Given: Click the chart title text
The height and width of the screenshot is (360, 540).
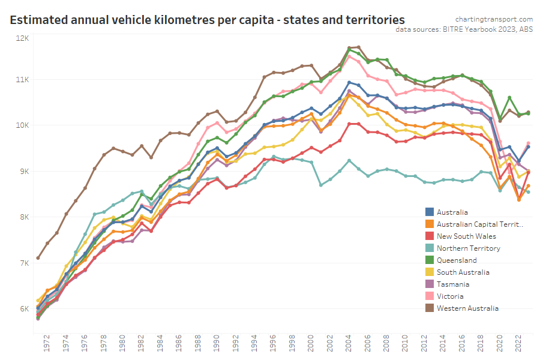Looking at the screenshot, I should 208,20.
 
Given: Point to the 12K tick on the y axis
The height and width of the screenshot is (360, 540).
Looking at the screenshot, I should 22,38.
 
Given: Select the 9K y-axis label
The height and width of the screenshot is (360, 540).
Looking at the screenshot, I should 23,172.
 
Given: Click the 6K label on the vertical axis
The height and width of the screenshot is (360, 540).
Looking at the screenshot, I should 23,309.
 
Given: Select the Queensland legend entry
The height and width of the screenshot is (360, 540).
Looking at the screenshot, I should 457,260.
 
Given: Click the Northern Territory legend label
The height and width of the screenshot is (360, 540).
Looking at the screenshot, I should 468,248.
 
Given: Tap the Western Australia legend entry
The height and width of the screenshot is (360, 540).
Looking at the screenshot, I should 467,308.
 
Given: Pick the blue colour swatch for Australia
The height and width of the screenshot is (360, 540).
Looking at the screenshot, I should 430,212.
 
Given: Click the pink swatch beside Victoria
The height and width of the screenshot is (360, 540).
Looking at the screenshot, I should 430,296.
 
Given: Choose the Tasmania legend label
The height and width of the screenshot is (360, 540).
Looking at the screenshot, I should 453,284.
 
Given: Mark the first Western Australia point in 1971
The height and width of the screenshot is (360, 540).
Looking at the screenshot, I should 38,258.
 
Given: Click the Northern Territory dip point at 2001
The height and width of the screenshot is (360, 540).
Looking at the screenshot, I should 321,185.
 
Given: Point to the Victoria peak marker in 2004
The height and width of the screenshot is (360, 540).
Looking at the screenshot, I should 349,56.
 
